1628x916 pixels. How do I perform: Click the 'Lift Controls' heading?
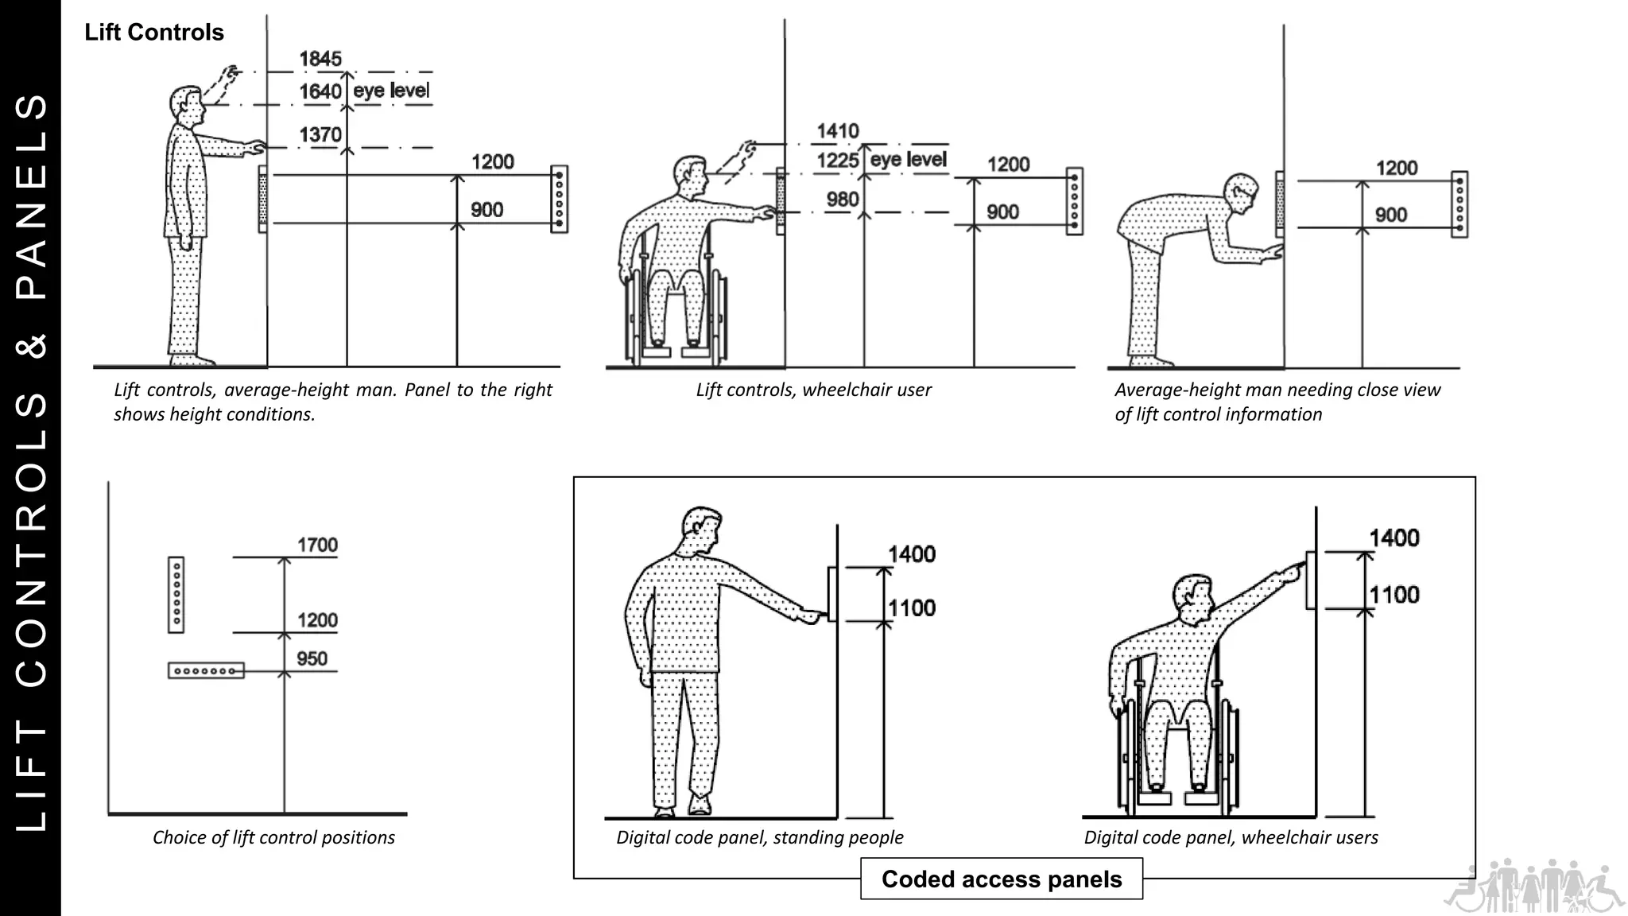154,33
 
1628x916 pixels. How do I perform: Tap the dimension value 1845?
320,59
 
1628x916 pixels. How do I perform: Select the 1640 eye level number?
320,91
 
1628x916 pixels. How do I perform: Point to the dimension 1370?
320,134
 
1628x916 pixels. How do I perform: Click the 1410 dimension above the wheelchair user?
838,130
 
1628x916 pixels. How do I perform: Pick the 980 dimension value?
843,199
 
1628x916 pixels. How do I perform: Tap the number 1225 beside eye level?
838,161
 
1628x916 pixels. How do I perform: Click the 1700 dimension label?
317,545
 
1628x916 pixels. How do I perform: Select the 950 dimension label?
312,658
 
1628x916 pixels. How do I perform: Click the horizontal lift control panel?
206,671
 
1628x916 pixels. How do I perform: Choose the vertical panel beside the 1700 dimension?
176,595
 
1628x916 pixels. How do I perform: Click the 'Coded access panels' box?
1001,879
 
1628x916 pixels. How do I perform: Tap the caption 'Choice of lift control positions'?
273,837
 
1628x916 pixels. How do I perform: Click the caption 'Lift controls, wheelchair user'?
813,390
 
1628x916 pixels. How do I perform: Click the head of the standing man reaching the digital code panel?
701,530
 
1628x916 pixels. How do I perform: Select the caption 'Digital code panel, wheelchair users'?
1231,837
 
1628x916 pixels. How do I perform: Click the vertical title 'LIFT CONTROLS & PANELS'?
31,461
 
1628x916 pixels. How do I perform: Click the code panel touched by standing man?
832,594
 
